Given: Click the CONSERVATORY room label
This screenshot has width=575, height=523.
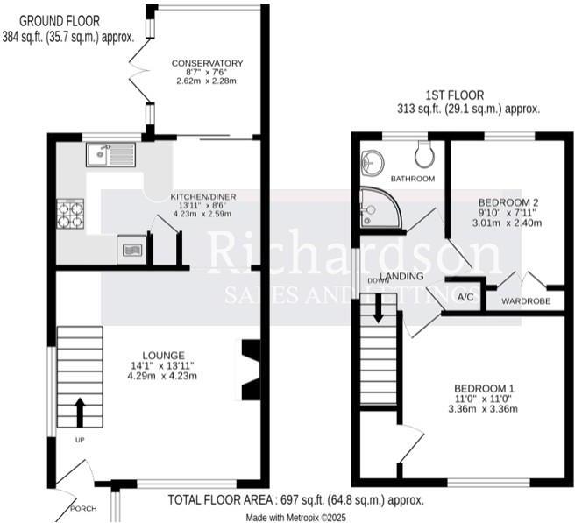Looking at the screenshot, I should [x=207, y=63].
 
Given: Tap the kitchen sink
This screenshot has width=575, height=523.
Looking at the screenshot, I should [x=110, y=155].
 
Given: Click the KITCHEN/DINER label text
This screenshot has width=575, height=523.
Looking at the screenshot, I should [x=203, y=195].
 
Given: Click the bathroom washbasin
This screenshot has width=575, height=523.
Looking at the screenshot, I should [x=373, y=161].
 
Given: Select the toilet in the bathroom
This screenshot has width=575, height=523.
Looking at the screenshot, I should [x=425, y=154].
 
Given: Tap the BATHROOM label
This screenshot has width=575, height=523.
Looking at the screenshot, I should [x=413, y=179].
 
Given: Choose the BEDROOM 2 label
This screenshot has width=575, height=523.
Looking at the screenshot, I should [x=508, y=201].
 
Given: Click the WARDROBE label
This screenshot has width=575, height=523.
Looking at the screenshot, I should [x=526, y=301].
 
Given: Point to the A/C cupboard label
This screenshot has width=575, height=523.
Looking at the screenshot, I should [x=465, y=297].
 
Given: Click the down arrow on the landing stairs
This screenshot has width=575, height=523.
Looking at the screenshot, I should [x=378, y=309].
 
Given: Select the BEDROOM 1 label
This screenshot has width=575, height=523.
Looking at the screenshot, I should [x=483, y=388].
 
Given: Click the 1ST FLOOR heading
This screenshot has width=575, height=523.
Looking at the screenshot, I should [x=454, y=95].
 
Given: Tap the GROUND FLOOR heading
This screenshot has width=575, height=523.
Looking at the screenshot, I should [x=60, y=20].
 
